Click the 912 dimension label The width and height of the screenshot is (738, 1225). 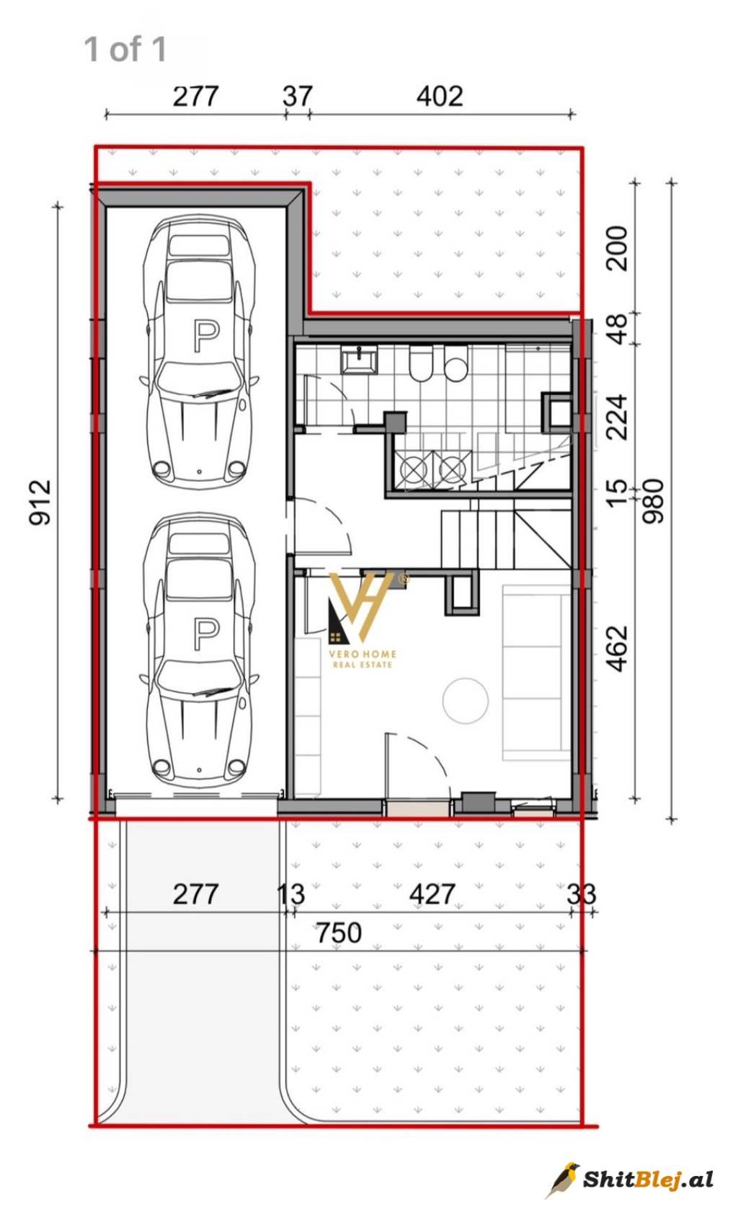pos(40,502)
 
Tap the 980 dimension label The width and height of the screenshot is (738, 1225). pos(653,501)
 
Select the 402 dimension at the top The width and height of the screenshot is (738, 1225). pos(440,96)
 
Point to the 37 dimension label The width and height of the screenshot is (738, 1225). pos(298,96)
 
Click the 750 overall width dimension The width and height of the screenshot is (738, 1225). pos(339,932)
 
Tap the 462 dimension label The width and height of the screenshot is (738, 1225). pos(617,649)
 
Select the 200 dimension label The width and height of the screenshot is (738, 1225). pos(617,248)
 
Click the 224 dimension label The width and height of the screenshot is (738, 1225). pos(617,417)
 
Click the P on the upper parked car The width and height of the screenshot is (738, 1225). pos(206,336)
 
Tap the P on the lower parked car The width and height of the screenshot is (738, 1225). pos(206,634)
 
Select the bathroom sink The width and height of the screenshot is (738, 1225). pos(359,361)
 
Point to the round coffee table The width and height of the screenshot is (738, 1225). pos(465,701)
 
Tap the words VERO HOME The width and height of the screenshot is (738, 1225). pos(363,653)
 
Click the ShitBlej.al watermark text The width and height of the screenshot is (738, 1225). pos(648,1180)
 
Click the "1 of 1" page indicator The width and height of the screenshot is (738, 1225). pos(125,49)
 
